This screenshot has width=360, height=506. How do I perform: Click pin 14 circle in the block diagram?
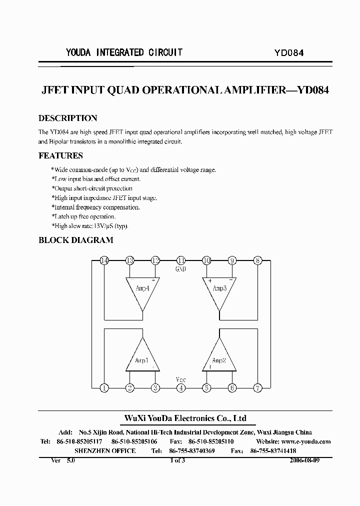pyautogui.click(x=104, y=260)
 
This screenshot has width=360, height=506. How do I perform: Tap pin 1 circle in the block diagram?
pyautogui.click(x=104, y=387)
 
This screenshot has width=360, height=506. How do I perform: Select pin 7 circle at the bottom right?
pyautogui.click(x=257, y=387)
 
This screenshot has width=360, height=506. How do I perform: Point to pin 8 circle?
pyautogui.click(x=257, y=260)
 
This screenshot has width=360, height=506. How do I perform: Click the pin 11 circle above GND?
pyautogui.click(x=181, y=260)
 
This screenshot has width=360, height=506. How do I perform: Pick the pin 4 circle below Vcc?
pyautogui.click(x=181, y=387)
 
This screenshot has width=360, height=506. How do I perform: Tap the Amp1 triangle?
pyautogui.click(x=142, y=356)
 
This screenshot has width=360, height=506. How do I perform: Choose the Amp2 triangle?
pyautogui.click(x=219, y=356)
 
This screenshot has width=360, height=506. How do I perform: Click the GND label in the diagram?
pyautogui.click(x=181, y=269)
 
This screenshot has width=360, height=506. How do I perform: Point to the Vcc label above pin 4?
pyautogui.click(x=181, y=379)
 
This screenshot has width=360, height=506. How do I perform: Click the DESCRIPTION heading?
pyautogui.click(x=67, y=118)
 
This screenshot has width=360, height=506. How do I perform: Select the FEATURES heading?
pyautogui.click(x=60, y=155)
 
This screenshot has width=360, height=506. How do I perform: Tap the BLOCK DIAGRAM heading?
pyautogui.click(x=75, y=240)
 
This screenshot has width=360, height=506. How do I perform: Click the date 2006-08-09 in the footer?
pyautogui.click(x=304, y=460)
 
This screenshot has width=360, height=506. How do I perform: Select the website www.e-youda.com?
pyautogui.click(x=306, y=441)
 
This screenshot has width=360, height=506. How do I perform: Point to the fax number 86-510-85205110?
pyautogui.click(x=210, y=441)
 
